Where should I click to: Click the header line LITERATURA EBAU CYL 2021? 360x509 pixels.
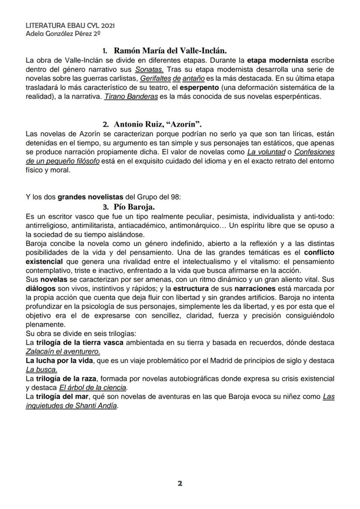tap(64, 26)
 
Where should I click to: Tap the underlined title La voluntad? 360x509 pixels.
tap(263, 152)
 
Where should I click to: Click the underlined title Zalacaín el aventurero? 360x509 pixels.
tap(63, 351)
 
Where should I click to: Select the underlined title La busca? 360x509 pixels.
tap(42, 369)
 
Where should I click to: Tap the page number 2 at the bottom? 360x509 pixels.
tap(180, 483)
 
